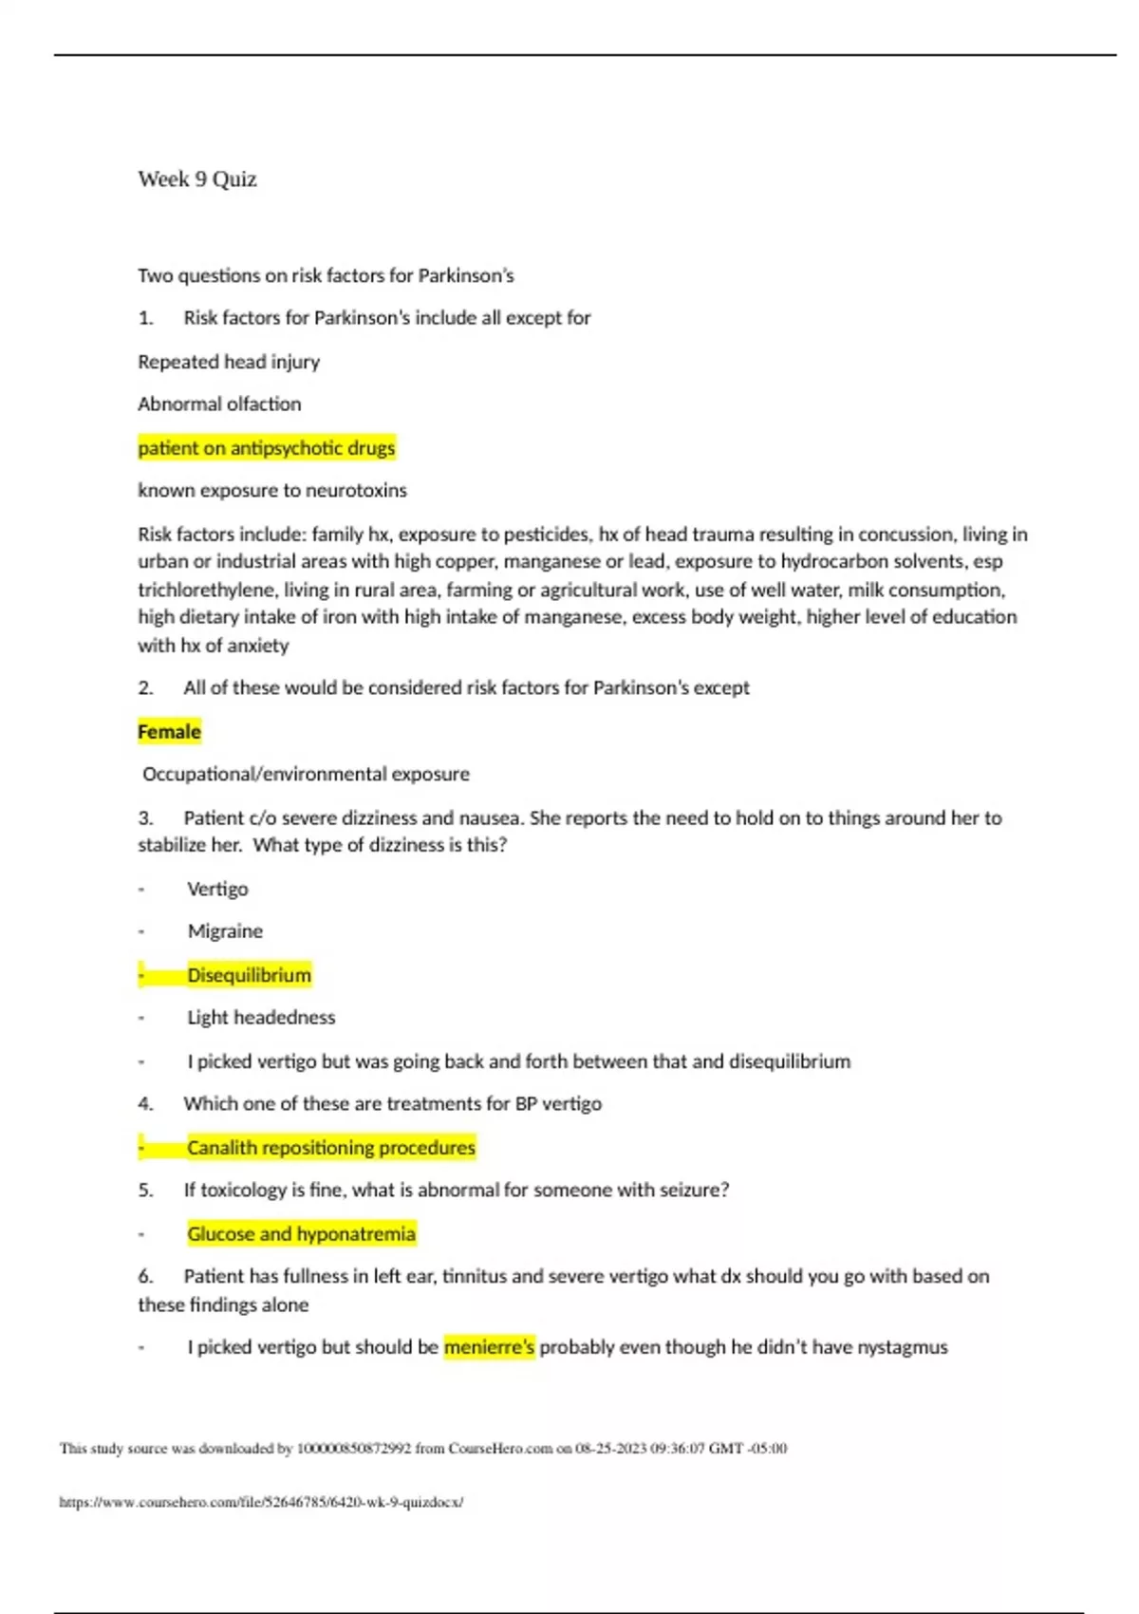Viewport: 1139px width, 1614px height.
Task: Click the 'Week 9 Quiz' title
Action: pyautogui.click(x=197, y=179)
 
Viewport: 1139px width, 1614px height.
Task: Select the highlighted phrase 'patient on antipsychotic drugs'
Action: pyautogui.click(x=267, y=448)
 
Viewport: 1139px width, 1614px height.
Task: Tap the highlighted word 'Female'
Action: pyautogui.click(x=169, y=732)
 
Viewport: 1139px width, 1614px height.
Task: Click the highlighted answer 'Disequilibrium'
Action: pyautogui.click(x=249, y=975)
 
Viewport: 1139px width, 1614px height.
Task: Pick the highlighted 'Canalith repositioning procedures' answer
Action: pyautogui.click(x=330, y=1148)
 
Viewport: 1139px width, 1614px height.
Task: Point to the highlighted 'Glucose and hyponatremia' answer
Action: pyautogui.click(x=301, y=1234)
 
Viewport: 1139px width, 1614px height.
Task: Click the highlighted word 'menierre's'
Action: pyautogui.click(x=489, y=1347)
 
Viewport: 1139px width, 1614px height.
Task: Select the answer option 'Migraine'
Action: pyautogui.click(x=225, y=931)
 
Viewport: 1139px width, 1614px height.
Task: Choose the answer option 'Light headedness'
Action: pyautogui.click(x=261, y=1018)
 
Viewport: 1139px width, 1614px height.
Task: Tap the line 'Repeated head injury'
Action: pyautogui.click(x=229, y=362)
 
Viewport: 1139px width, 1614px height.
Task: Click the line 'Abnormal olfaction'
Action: pyautogui.click(x=219, y=404)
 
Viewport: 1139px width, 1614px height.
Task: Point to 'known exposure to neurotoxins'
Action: pyautogui.click(x=272, y=491)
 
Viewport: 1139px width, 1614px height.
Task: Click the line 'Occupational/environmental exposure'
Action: pyautogui.click(x=306, y=775)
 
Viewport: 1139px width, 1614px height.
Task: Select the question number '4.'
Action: pyautogui.click(x=145, y=1104)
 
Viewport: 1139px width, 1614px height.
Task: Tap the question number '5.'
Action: pyautogui.click(x=145, y=1191)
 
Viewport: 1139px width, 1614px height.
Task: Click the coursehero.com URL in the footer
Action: pyautogui.click(x=261, y=1502)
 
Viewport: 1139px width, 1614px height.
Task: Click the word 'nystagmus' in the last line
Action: pyautogui.click(x=902, y=1347)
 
